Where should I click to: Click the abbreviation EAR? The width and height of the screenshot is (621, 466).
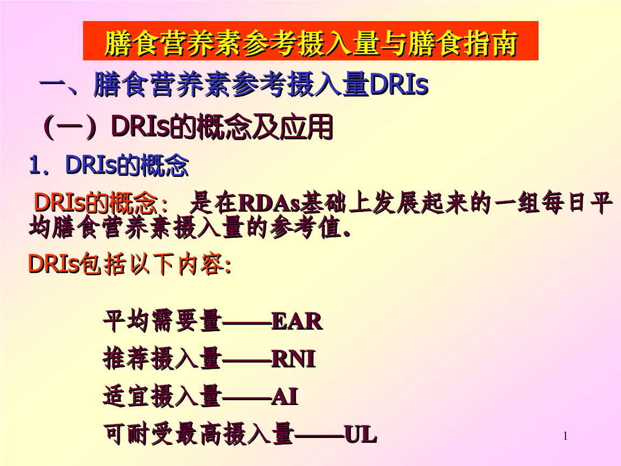pos(296,322)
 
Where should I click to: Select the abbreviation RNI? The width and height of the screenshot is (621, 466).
pos(293,359)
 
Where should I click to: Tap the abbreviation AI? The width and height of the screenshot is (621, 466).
pos(284,398)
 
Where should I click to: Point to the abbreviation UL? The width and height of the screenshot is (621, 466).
pos(360,434)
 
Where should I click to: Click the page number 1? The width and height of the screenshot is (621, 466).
pos(565,436)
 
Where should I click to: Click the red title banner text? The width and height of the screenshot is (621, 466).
pos(310,43)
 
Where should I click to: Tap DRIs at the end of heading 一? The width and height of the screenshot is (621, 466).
pos(399,85)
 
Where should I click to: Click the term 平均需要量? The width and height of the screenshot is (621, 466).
pos(162,322)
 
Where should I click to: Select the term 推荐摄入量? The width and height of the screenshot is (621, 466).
pos(162,359)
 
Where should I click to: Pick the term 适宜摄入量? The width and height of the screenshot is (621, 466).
pos(162,398)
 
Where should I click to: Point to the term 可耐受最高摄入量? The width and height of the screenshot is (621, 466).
pos(198,434)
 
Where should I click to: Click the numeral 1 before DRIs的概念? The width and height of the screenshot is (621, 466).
pos(34,166)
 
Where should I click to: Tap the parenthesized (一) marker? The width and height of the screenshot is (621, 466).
pos(70,127)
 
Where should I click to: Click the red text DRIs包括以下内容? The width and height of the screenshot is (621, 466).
pos(129,264)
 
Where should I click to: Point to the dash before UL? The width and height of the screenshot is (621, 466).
pos(319,435)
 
